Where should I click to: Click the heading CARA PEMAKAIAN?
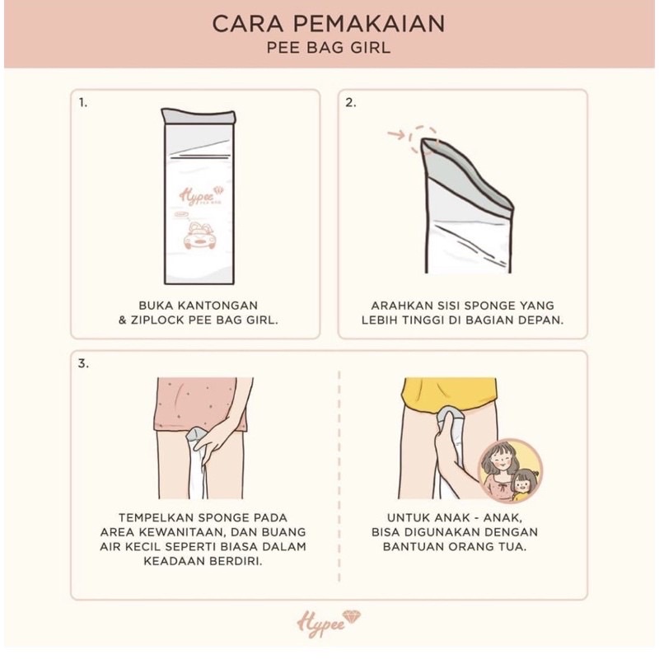click(328, 24)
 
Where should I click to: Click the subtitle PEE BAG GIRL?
click(329, 48)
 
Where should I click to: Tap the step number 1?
click(83, 102)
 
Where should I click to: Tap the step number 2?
click(351, 102)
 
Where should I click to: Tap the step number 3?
click(83, 363)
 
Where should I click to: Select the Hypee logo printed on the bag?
click(202, 195)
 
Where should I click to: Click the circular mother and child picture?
click(511, 470)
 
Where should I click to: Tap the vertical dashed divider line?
click(339, 476)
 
